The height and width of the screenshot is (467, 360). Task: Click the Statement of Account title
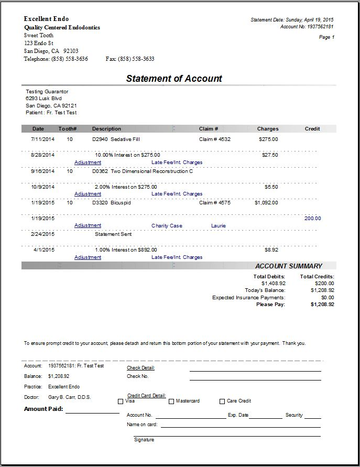tap(174, 79)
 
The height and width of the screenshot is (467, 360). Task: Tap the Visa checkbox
tap(121, 401)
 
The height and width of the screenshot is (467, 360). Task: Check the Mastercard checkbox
tap(171, 401)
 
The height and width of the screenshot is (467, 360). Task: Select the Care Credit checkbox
tap(222, 401)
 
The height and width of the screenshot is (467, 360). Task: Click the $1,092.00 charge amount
tap(266, 202)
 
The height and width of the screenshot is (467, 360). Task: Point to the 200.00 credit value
tap(312, 219)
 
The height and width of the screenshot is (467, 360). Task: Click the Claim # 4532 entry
tap(215, 139)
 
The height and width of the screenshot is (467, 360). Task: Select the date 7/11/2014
tap(42, 139)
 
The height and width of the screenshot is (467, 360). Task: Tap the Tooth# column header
tap(68, 129)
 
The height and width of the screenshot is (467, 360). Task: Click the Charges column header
tap(268, 129)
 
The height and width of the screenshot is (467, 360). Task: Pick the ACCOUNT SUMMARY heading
tap(289, 266)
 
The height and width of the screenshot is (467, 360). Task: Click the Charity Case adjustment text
tap(167, 226)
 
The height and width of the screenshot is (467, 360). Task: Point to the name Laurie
tap(219, 226)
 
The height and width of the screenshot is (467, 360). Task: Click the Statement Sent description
tap(113, 234)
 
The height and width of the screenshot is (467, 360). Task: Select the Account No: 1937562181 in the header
tap(307, 26)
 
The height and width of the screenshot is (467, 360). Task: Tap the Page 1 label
tap(326, 37)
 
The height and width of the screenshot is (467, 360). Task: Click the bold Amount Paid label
tap(43, 409)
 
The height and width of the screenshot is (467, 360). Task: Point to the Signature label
tap(144, 440)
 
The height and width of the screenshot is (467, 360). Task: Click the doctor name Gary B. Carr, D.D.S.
tap(69, 397)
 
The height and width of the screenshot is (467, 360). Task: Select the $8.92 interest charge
tap(271, 250)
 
